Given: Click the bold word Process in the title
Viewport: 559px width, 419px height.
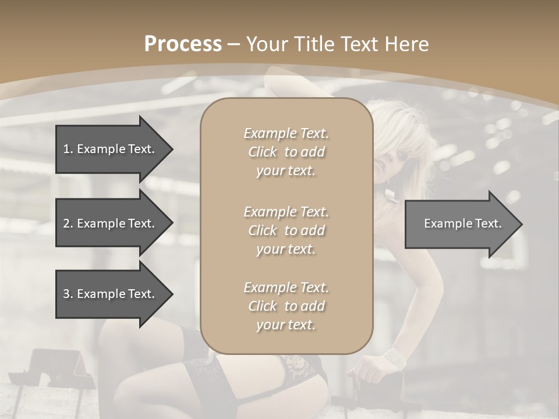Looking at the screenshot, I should (x=183, y=44).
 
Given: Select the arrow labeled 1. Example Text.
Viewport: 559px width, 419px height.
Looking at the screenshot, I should (x=111, y=149).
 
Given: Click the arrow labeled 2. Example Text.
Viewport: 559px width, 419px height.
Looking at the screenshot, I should (x=111, y=223).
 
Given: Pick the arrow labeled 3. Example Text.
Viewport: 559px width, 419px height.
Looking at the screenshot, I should (x=111, y=294).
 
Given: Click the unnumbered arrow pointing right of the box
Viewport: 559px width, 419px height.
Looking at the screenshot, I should (x=460, y=223).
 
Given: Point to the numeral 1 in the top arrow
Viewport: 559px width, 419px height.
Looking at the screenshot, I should (x=66, y=149).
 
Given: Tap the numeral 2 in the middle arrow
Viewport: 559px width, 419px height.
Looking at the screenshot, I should (x=66, y=223).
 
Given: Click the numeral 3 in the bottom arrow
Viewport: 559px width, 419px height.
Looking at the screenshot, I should (x=66, y=294).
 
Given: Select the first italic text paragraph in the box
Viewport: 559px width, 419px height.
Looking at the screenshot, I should (x=286, y=152).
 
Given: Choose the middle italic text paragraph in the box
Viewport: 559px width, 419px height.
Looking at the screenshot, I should (x=286, y=230).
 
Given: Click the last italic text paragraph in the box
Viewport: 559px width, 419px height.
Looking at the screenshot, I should (x=286, y=306).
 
